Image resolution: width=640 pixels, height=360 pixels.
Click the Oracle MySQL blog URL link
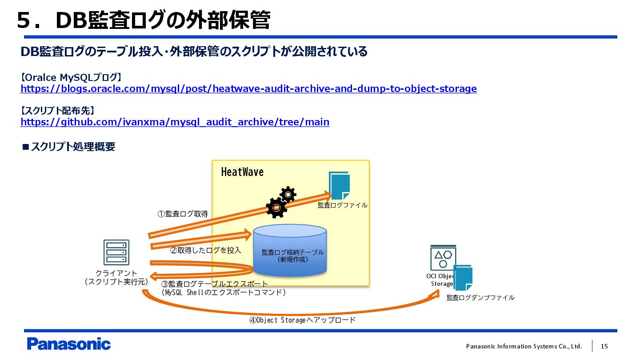pyautogui.click(x=248, y=88)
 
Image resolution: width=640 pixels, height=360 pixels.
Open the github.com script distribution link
pyautogui.click(x=175, y=122)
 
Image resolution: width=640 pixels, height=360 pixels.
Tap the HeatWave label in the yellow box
pyautogui.click(x=242, y=172)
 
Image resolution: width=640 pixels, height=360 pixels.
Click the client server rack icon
pyautogui.click(x=116, y=252)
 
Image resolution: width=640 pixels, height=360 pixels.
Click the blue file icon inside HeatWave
pyautogui.click(x=339, y=186)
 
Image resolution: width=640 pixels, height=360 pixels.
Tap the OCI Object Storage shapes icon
pyautogui.click(x=443, y=258)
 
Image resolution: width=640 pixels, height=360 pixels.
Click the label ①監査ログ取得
pyautogui.click(x=183, y=214)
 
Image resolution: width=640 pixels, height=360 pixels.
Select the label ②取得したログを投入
pyautogui.click(x=206, y=250)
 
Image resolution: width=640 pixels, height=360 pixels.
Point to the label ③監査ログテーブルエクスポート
pyautogui.click(x=214, y=284)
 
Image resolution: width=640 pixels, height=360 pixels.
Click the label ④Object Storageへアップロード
pyautogui.click(x=302, y=320)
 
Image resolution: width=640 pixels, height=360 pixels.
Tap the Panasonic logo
pyautogui.click(x=68, y=344)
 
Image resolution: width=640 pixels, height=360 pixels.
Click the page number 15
pyautogui.click(x=604, y=346)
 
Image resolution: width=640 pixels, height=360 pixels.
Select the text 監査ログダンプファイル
pyautogui.click(x=480, y=298)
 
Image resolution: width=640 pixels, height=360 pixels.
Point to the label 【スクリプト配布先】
pyautogui.click(x=58, y=110)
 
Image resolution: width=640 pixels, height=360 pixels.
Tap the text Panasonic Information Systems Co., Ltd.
pyautogui.click(x=524, y=346)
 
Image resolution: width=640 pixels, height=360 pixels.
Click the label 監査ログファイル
pyautogui.click(x=342, y=205)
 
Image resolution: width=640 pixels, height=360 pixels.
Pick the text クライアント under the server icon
pyautogui.click(x=116, y=273)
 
